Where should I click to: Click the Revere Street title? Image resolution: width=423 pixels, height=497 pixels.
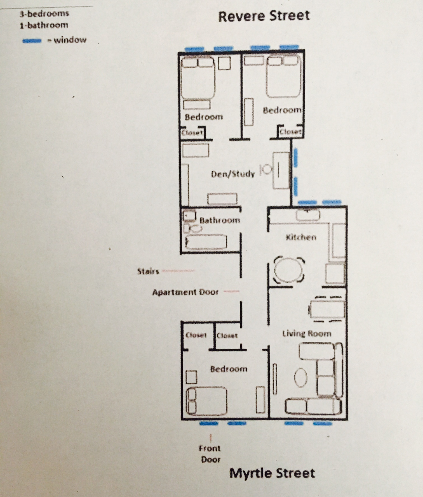pos(264,16)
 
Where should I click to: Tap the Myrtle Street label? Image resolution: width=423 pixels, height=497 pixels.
pos(272,473)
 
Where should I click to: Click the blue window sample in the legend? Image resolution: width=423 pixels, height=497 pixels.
pos(32,41)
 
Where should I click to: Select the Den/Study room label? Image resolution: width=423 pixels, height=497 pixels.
pos(233,174)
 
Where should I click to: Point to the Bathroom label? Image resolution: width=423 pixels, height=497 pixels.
pos(220,220)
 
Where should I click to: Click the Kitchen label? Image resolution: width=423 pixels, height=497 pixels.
pos(301,237)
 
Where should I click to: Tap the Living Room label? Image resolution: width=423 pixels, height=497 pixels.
pos(307,333)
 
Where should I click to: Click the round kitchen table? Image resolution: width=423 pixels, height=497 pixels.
pos(289,270)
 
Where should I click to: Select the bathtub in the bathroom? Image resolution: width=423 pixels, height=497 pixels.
pos(206,242)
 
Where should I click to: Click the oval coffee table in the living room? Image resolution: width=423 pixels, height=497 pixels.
pos(301,378)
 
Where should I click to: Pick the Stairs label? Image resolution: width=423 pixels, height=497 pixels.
pos(148,271)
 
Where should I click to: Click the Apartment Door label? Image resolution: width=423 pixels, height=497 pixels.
pos(185,292)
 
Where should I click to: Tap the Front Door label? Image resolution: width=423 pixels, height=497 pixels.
pos(210,454)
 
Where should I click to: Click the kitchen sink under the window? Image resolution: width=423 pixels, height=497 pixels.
pos(308,215)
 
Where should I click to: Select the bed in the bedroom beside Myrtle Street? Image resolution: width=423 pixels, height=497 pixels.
pos(206,401)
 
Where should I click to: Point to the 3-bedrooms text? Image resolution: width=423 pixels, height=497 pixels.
pos(44,13)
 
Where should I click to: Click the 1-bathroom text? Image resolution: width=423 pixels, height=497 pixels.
pos(44,25)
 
